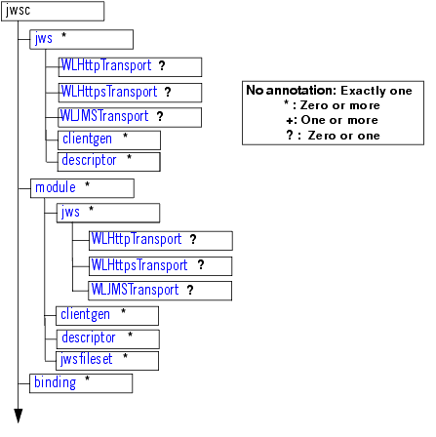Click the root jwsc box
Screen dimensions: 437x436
click(x=53, y=12)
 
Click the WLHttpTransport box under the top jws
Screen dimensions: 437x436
click(x=130, y=66)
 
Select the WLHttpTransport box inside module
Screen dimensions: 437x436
click(x=160, y=240)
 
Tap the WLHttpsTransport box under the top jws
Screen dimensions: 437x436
click(x=130, y=93)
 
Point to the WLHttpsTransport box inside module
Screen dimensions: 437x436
click(x=160, y=265)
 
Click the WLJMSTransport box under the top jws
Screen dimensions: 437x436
click(x=130, y=117)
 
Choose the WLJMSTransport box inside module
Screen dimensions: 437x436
click(x=160, y=291)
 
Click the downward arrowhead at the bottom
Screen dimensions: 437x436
click(x=18, y=417)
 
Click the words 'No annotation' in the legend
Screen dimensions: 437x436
click(x=282, y=90)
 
